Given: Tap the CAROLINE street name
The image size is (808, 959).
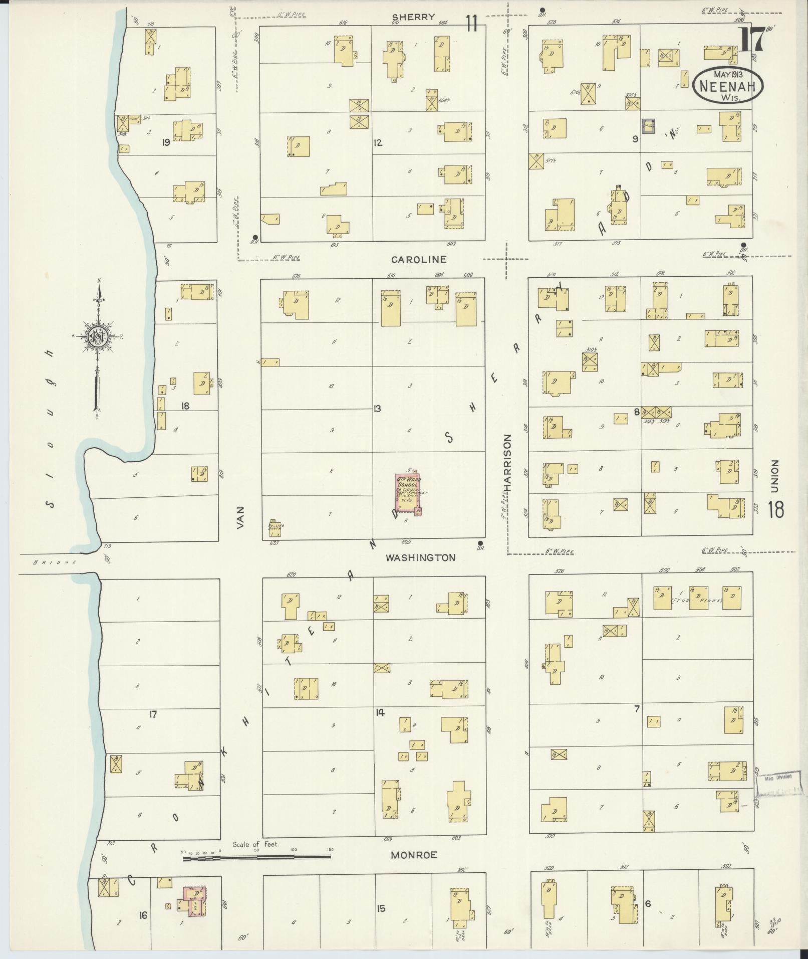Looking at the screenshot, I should [x=418, y=259].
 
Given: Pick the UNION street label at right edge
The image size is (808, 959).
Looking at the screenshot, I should [x=775, y=476].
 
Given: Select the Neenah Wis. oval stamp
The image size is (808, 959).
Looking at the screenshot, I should [x=728, y=85].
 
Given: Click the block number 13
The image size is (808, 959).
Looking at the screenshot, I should [x=377, y=409].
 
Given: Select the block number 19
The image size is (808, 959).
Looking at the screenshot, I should [x=165, y=142].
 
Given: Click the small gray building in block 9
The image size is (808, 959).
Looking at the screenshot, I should [x=648, y=126].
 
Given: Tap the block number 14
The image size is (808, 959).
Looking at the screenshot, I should [x=380, y=713].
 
